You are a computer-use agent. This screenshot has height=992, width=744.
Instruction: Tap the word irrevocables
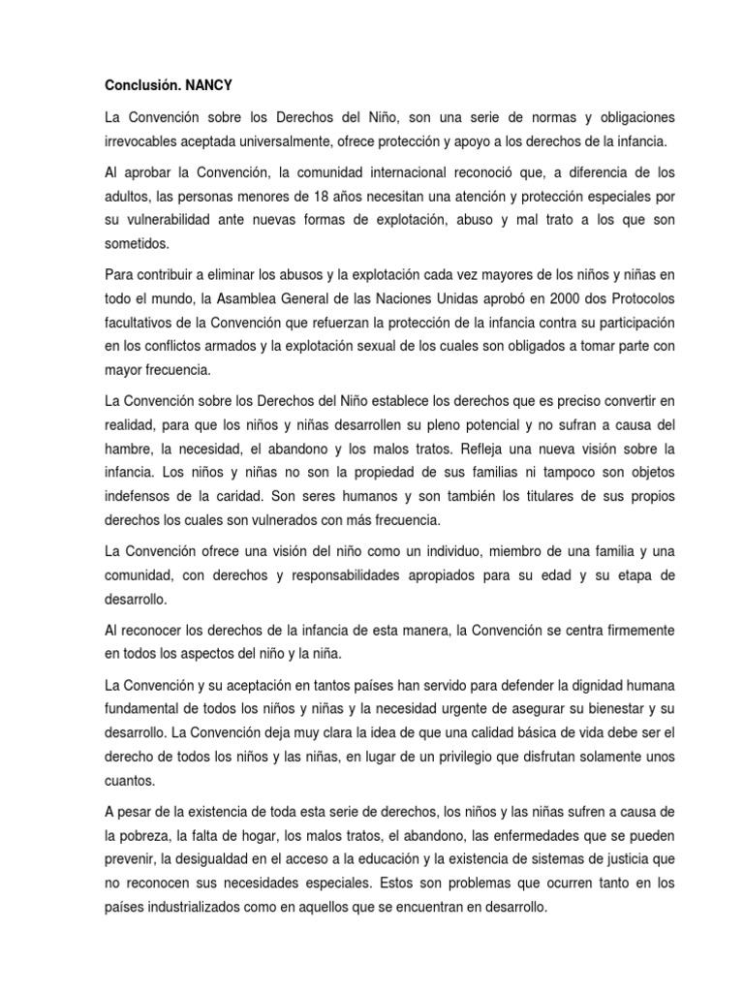pos(142,142)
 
